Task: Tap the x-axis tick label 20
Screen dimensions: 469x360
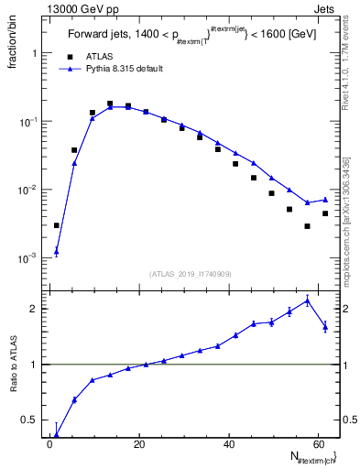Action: tap(138, 444)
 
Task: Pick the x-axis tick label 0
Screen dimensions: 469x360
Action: tap(50, 444)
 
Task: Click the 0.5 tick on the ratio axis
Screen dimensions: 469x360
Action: tap(30, 420)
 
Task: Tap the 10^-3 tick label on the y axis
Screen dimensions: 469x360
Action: tap(27, 259)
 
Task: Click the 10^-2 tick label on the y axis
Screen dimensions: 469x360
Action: tap(27, 191)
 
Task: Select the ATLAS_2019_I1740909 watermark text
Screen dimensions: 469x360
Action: tap(191, 274)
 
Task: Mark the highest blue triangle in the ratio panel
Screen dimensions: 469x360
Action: tap(308, 300)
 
